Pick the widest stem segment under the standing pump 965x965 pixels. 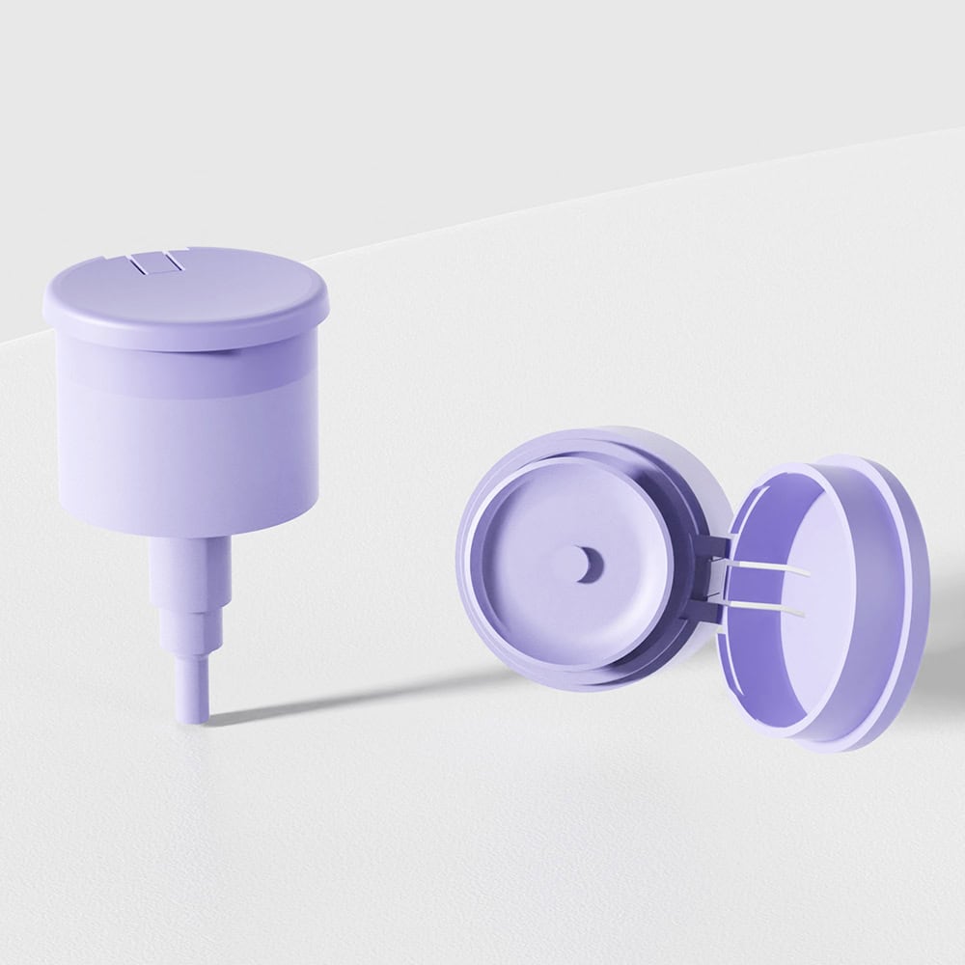190,569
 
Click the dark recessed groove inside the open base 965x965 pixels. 690,540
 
